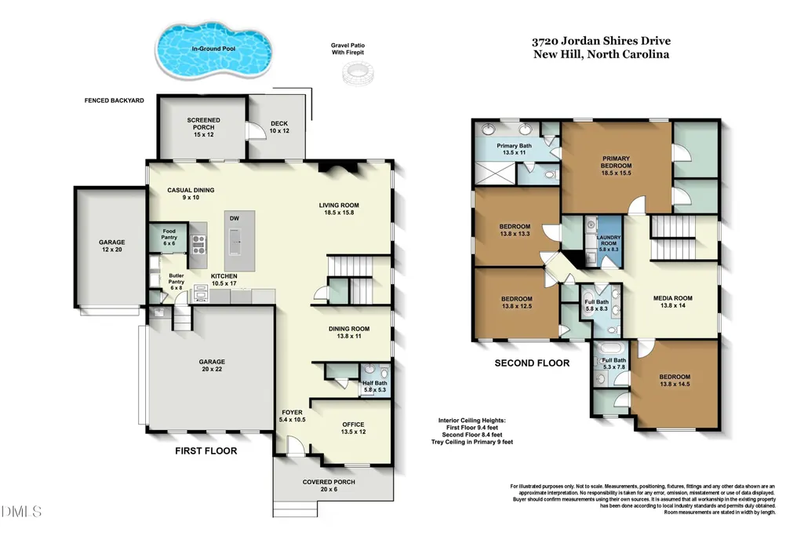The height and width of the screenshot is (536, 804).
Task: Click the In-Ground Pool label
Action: [213, 49]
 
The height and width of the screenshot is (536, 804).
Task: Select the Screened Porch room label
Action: [204, 127]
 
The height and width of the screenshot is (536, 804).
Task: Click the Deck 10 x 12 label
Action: [279, 126]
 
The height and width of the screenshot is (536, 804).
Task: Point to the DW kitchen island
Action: [239, 241]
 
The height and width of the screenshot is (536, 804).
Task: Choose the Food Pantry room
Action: [169, 237]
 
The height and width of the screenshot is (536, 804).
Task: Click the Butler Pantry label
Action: [176, 282]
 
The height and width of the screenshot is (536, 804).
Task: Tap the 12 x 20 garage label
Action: [112, 246]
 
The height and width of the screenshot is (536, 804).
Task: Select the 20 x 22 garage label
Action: [212, 365]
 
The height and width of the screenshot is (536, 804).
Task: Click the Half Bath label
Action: [375, 386]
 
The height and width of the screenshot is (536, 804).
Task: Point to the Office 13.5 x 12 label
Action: [353, 428]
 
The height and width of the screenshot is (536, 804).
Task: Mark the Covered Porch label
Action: [329, 485]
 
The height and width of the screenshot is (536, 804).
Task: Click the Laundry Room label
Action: [609, 243]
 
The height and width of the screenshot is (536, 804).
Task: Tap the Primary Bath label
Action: [515, 149]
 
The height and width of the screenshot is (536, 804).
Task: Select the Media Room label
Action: [673, 301]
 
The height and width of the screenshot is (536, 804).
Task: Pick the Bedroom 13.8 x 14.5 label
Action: [675, 380]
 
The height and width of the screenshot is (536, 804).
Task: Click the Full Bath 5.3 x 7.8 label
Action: [613, 363]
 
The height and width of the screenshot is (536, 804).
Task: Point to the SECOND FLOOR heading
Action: [532, 363]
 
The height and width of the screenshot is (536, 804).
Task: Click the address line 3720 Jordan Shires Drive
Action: [601, 41]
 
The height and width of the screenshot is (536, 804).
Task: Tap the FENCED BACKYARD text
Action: [115, 100]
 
